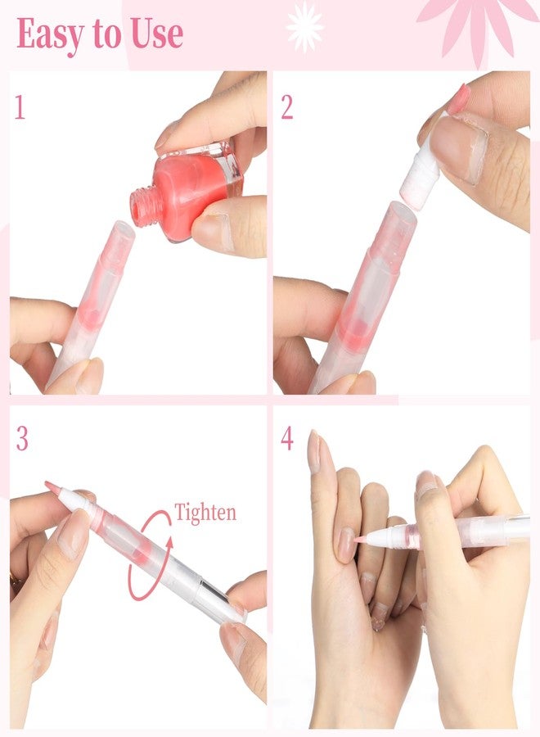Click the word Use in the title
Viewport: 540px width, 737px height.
(157, 34)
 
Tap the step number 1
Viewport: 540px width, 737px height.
(20, 107)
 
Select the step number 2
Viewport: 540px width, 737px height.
(287, 107)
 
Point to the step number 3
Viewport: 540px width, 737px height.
(22, 439)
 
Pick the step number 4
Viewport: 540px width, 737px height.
(287, 439)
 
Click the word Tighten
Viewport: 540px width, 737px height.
(205, 513)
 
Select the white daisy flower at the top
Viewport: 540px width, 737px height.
(304, 26)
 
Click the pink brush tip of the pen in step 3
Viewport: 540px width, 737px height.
(52, 487)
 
